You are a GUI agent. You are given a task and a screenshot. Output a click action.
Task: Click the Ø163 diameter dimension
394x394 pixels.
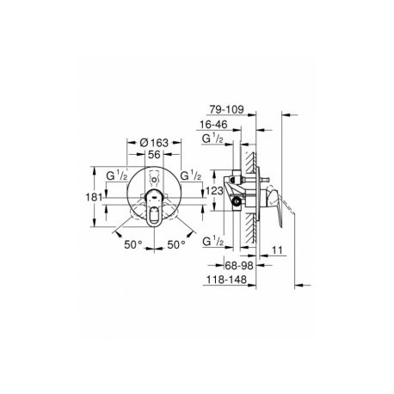(154, 143)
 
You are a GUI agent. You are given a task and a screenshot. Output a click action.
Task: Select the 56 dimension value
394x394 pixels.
(154, 155)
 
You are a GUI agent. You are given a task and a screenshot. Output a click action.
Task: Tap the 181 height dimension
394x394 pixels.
(94, 197)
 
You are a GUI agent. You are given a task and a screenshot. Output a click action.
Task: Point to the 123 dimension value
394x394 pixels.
(215, 191)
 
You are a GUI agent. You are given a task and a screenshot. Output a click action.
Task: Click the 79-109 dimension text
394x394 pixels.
(226, 109)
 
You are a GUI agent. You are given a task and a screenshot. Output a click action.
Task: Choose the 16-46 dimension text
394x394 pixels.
(213, 125)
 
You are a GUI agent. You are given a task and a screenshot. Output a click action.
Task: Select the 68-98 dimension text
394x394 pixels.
(239, 266)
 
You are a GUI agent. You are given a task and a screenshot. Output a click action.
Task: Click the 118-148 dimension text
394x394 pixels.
(226, 280)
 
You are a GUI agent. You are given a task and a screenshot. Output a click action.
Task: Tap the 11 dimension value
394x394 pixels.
(277, 250)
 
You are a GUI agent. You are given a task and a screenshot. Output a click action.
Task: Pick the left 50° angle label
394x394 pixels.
(133, 244)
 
